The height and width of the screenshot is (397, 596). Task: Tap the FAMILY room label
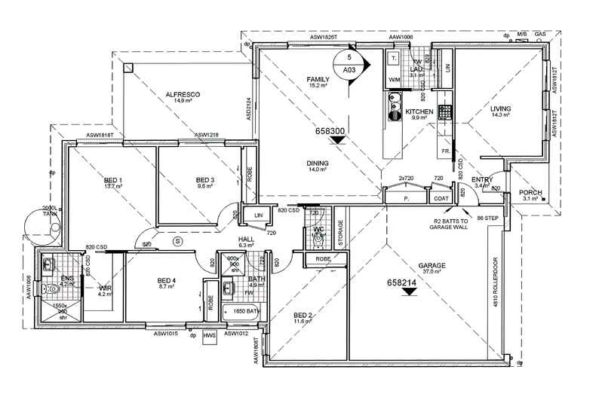(318, 79)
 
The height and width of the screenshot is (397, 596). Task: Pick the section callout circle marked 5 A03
(349, 63)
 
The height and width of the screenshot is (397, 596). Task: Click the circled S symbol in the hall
(177, 241)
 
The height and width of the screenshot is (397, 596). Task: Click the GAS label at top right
(539, 35)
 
